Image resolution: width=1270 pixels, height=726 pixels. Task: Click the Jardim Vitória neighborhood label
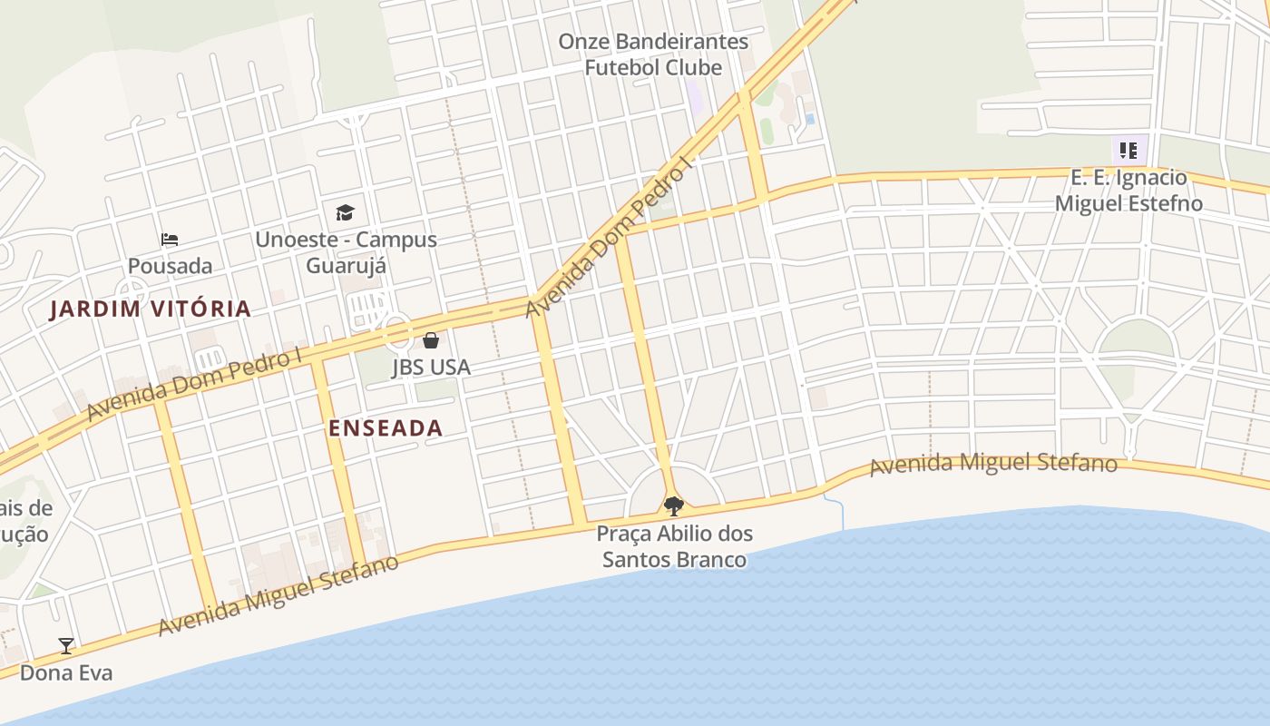click(x=150, y=309)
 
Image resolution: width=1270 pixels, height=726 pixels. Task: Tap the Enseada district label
click(x=386, y=428)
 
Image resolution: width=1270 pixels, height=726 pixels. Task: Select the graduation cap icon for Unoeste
click(x=345, y=213)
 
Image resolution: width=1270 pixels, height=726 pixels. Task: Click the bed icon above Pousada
click(x=170, y=240)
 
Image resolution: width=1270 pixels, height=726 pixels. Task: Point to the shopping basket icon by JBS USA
click(x=431, y=341)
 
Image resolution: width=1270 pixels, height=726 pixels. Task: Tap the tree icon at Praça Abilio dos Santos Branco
click(x=672, y=505)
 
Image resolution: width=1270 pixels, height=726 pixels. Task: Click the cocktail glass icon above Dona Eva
click(x=66, y=646)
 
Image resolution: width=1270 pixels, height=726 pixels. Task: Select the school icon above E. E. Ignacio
click(x=1128, y=151)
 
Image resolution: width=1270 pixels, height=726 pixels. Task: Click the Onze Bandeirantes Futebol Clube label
click(x=653, y=54)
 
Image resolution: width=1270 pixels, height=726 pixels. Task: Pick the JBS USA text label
click(x=431, y=368)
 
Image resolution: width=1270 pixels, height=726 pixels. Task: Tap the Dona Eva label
click(x=66, y=672)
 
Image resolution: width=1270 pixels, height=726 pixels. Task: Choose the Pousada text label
click(x=170, y=266)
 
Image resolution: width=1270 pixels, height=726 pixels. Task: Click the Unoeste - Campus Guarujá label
click(x=346, y=252)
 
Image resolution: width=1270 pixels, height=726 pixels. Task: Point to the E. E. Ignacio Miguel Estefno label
click(x=1128, y=191)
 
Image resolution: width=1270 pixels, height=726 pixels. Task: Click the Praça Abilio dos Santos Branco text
click(x=674, y=546)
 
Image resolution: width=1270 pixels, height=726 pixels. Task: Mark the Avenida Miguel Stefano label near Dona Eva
click(x=278, y=595)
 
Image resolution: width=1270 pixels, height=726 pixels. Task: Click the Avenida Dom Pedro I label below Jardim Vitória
click(x=194, y=385)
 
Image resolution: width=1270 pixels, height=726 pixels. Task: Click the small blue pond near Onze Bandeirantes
click(x=810, y=119)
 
